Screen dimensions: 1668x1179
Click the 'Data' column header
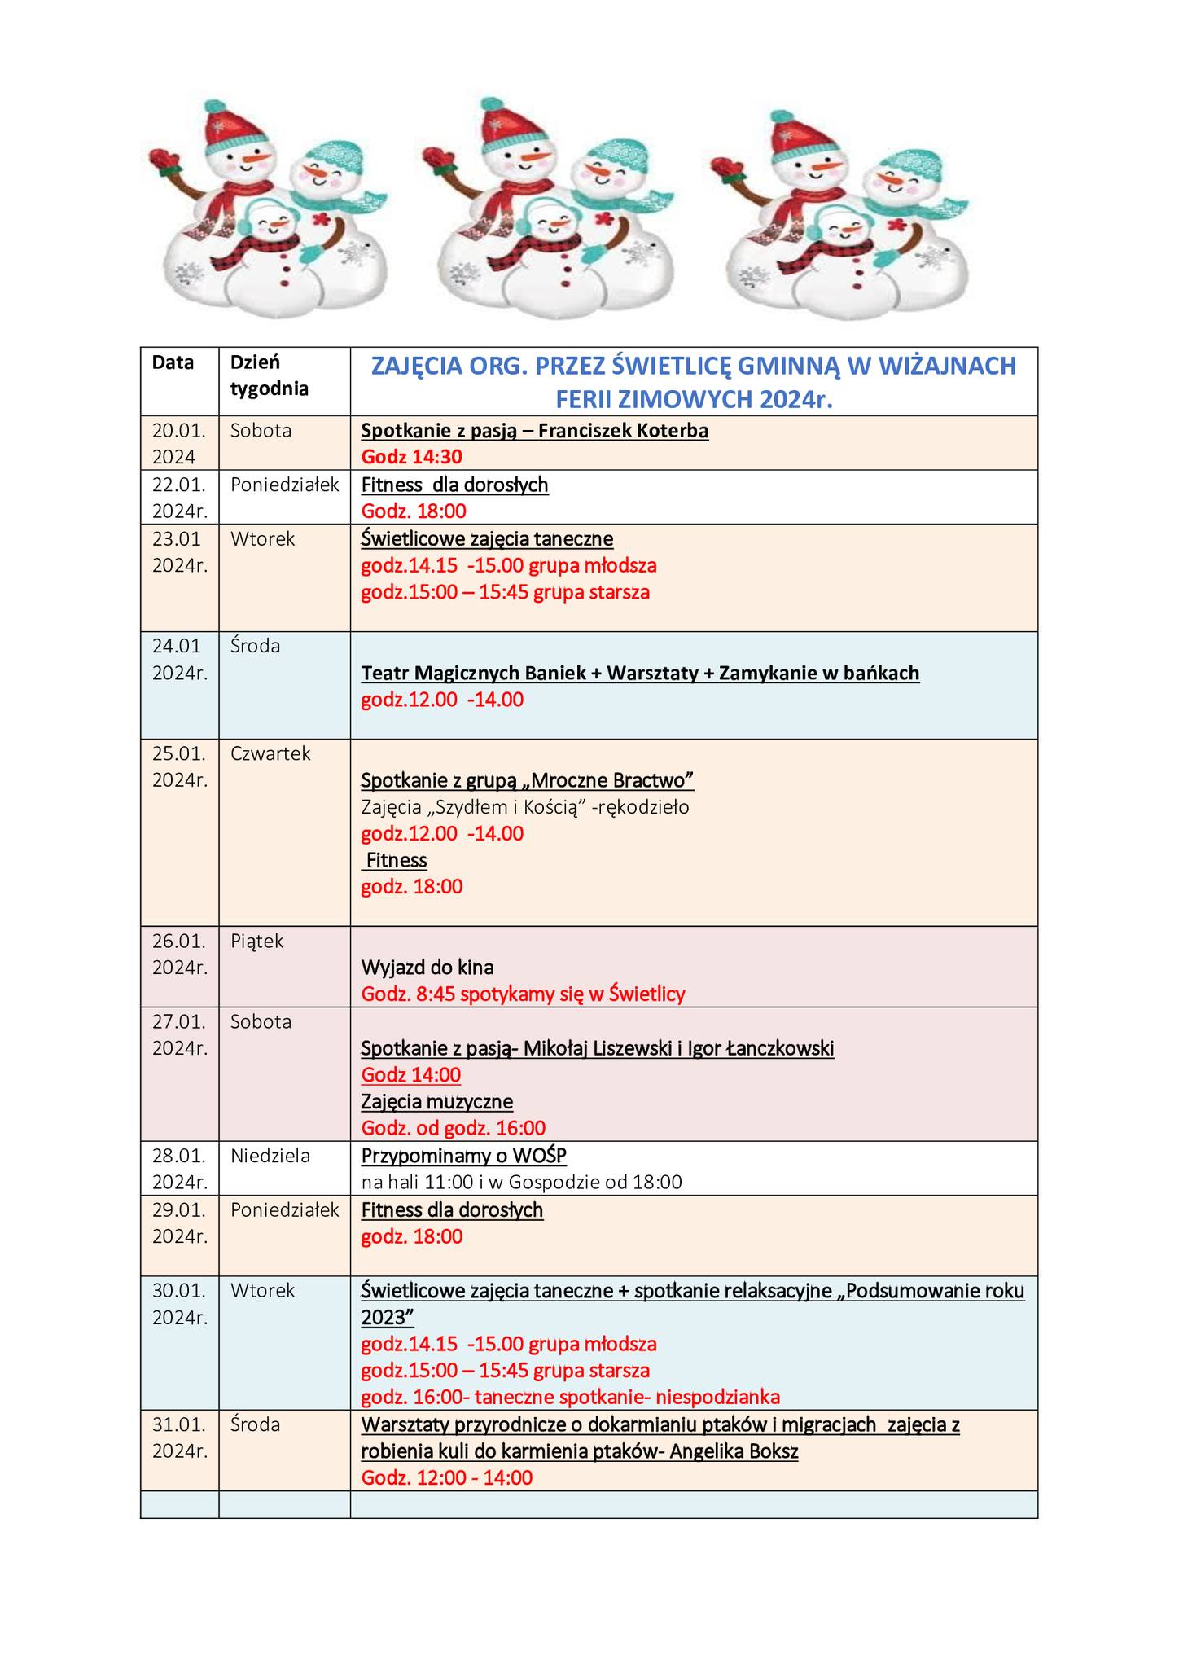(173, 362)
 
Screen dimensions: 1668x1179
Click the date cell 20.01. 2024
(179, 443)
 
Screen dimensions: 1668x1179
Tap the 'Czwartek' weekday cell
(270, 753)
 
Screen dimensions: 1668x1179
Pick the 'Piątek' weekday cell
(256, 941)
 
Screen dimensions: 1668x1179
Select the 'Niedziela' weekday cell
(270, 1155)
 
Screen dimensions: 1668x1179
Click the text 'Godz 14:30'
(411, 457)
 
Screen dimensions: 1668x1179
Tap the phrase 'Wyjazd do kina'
(427, 967)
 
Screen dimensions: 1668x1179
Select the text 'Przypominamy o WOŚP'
(463, 1155)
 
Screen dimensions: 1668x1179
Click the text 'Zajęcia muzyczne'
(436, 1101)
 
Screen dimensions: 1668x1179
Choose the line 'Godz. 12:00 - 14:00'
(447, 1477)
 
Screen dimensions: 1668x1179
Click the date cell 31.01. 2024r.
(179, 1437)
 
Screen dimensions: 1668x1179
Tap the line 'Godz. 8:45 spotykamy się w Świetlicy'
(523, 994)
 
